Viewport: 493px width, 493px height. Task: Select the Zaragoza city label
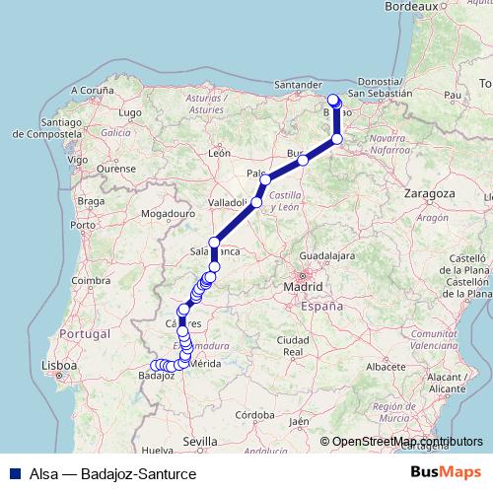[428, 195]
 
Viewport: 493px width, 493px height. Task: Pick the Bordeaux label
[438, 6]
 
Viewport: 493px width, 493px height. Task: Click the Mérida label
[203, 365]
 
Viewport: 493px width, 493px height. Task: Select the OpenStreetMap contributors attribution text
[408, 442]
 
